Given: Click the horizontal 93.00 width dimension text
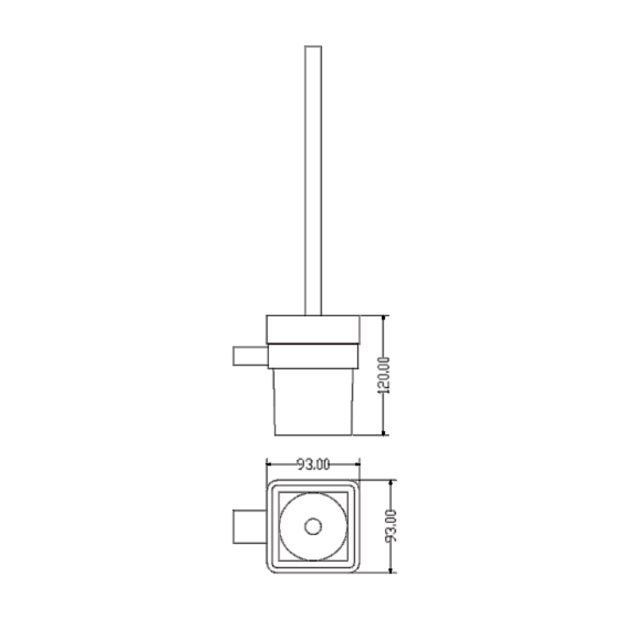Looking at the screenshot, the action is click(314, 464).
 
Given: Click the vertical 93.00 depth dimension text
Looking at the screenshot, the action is click(391, 526).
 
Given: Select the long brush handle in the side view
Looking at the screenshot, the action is click(313, 180).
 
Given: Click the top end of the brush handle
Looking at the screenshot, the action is click(313, 46).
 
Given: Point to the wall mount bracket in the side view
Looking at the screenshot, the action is click(250, 356).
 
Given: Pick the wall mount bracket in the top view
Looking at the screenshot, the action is click(250, 527).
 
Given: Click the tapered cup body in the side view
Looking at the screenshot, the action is click(314, 402).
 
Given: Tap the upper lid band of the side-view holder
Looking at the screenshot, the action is click(313, 329).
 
